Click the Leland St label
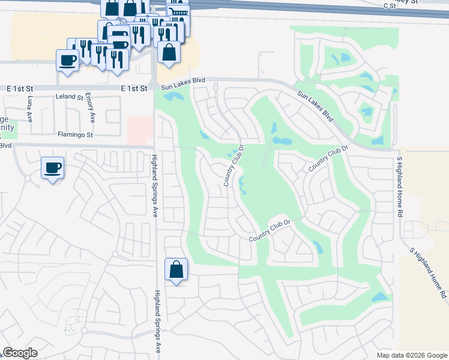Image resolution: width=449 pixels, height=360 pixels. (68, 97)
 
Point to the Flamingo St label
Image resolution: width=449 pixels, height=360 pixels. (75, 135)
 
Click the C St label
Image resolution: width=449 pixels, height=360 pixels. (391, 5)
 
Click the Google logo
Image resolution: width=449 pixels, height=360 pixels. (20, 353)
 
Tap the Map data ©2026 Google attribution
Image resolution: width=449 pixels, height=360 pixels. (412, 355)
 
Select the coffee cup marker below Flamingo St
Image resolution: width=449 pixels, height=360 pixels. (52, 167)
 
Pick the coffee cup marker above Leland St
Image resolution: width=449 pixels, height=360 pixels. (67, 59)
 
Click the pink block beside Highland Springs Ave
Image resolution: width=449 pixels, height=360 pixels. (140, 131)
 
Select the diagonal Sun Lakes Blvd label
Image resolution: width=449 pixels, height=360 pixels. (315, 104)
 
